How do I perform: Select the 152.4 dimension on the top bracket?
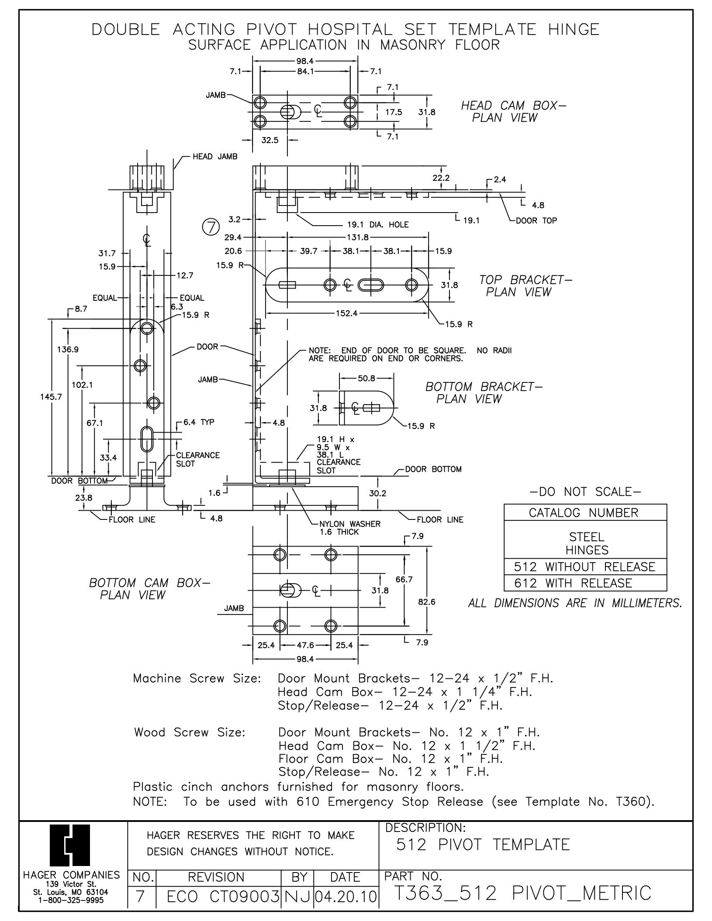click(x=347, y=313)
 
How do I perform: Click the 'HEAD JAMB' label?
click(x=215, y=156)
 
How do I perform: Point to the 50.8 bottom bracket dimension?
click(x=366, y=378)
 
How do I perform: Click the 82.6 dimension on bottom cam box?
click(x=427, y=602)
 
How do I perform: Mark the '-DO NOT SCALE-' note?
click(x=585, y=492)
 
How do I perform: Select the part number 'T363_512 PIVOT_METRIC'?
click(x=522, y=893)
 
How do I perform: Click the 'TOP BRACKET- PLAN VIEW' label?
click(x=525, y=285)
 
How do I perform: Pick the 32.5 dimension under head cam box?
click(x=270, y=140)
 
